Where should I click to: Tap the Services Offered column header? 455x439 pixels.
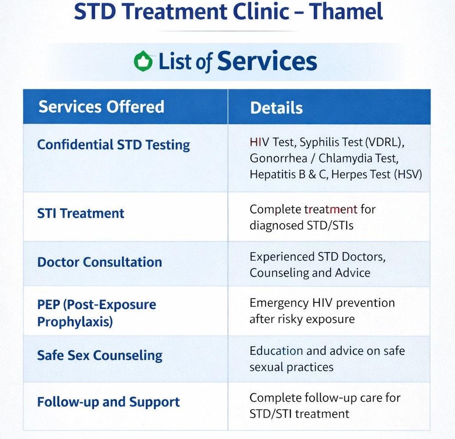(x=101, y=107)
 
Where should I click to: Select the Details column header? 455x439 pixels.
(x=276, y=108)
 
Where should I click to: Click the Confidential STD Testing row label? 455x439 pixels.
(x=113, y=145)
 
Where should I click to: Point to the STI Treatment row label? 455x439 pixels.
(x=80, y=214)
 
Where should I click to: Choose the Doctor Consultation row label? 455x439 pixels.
(x=100, y=262)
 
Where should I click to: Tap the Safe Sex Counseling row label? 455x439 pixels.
(x=100, y=356)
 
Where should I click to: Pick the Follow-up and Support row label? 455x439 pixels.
(x=108, y=402)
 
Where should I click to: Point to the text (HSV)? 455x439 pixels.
(x=408, y=174)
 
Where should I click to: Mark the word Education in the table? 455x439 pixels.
(x=276, y=351)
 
